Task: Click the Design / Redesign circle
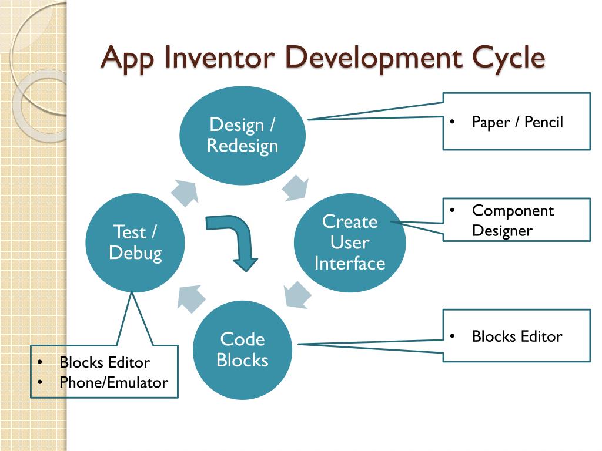[x=243, y=136]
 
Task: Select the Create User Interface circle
[x=350, y=243]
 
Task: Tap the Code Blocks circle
[x=242, y=350]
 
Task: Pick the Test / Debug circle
[x=135, y=243]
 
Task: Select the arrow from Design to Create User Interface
[x=296, y=188]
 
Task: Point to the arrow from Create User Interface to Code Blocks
[x=297, y=295]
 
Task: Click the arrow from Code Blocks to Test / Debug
[x=191, y=298]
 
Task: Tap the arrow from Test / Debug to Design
[x=185, y=193]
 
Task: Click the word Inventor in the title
[x=220, y=58]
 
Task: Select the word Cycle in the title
[x=508, y=58]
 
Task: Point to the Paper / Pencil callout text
[x=517, y=122]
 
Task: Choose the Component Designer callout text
[x=513, y=221]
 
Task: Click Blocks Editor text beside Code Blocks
[x=517, y=336]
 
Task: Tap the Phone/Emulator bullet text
[x=113, y=382]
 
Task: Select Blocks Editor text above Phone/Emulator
[x=105, y=362]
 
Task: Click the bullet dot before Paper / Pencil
[x=452, y=122]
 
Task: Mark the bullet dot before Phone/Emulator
[x=40, y=382]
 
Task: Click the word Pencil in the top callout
[x=544, y=122]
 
